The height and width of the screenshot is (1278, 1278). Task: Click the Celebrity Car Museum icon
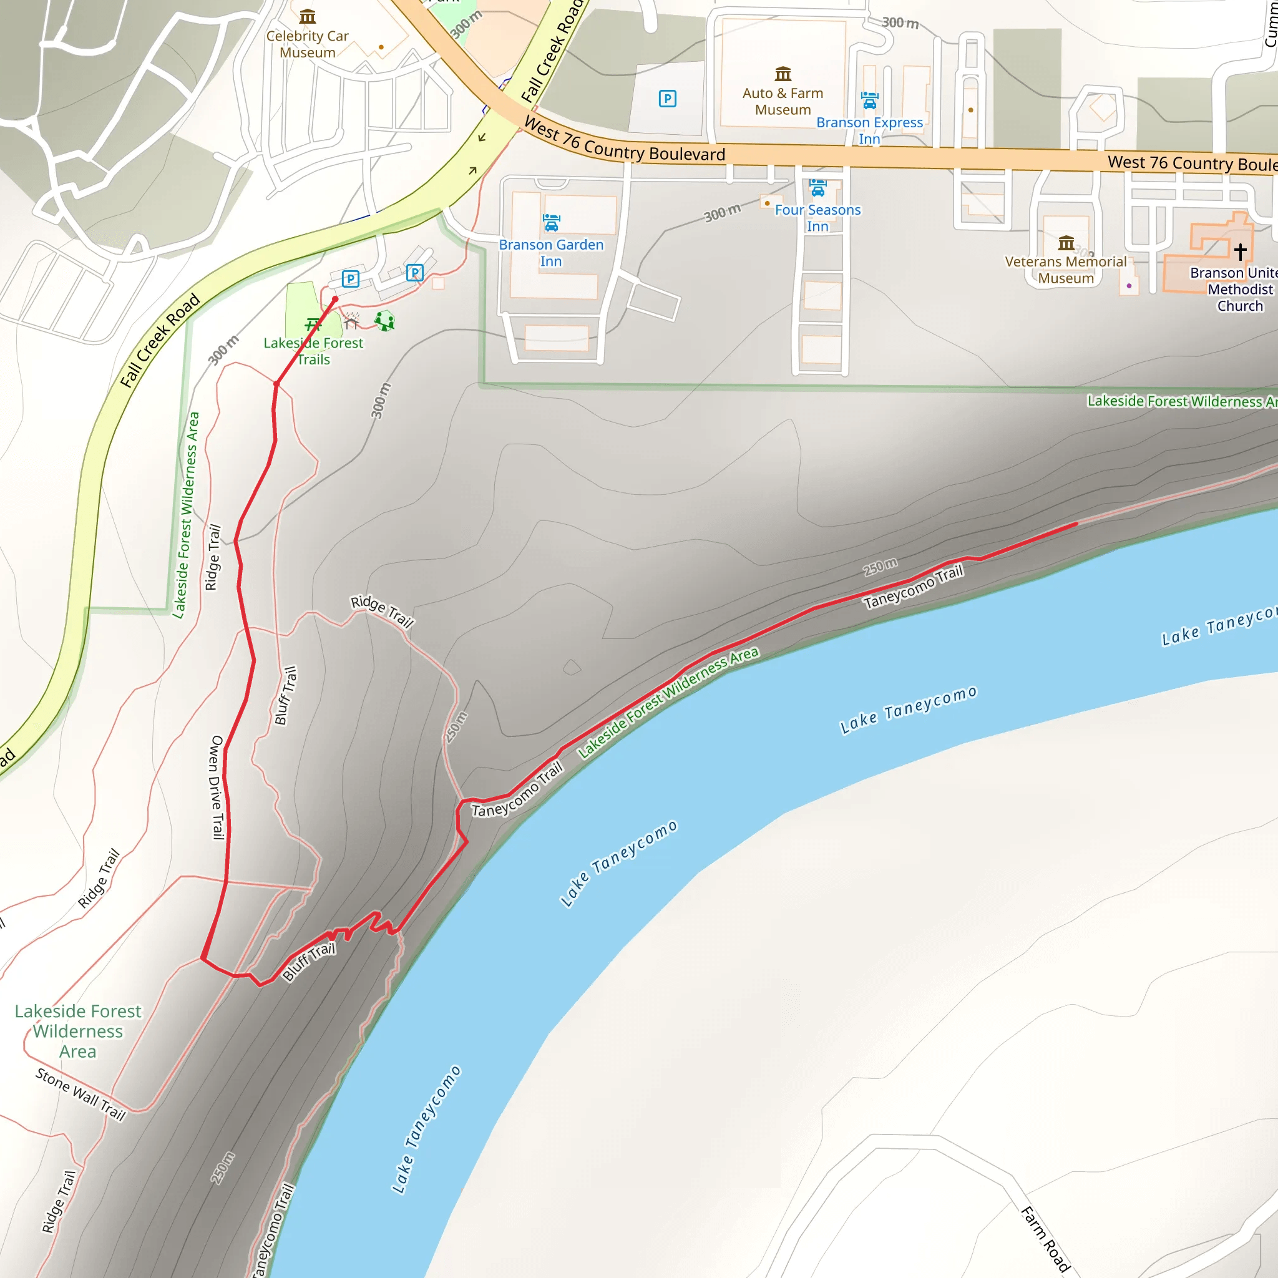tap(307, 17)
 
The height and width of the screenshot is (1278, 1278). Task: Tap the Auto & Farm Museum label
tap(783, 101)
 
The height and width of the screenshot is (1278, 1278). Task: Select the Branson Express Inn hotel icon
tap(869, 100)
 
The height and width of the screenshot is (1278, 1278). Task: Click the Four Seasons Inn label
tap(817, 218)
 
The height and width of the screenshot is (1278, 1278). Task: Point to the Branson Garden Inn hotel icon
tap(551, 223)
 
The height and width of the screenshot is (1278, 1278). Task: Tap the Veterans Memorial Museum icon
tap(1066, 243)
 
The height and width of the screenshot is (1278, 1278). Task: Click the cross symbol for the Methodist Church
tap(1241, 251)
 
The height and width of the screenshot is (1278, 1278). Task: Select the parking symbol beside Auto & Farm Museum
tap(668, 99)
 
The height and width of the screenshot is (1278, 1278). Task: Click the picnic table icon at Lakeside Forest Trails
tap(313, 323)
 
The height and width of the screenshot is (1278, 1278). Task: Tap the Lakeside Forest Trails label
tap(313, 351)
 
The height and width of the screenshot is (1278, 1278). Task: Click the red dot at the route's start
tap(335, 300)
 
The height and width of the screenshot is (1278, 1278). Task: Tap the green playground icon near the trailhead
tap(384, 321)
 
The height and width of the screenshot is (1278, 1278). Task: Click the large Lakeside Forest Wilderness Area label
tap(78, 1032)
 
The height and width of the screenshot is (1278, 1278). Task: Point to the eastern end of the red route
tap(1076, 523)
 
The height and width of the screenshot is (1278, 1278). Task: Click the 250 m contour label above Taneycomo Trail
tap(880, 567)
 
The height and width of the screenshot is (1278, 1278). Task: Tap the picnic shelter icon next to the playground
tap(351, 321)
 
